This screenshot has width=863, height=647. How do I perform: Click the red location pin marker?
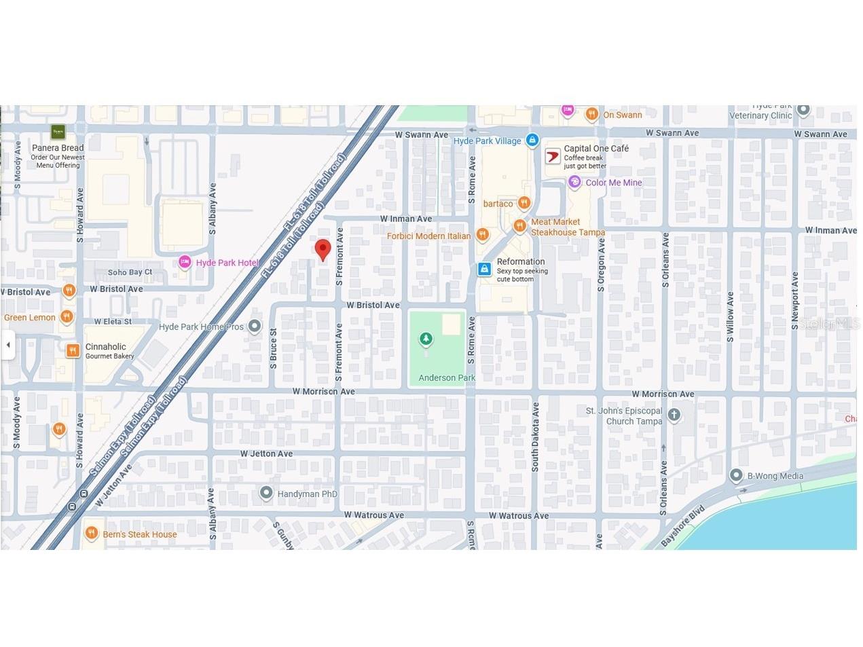323,249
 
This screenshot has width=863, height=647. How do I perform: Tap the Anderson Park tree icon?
426,338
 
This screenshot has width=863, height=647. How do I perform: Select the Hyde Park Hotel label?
227,263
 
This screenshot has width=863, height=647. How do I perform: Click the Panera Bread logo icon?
58,132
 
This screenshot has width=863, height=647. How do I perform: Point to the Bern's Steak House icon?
91,534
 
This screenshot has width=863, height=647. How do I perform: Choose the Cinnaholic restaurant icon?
73,350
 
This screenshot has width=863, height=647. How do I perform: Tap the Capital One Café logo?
553,157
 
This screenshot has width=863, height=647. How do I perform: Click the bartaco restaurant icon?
524,203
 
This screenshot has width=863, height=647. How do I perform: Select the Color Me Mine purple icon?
574,182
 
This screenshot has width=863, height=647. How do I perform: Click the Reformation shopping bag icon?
484,270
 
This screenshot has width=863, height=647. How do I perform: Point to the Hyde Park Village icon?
532,141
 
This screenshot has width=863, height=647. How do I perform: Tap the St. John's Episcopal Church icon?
674,415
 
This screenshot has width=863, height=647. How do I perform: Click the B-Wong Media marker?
736,475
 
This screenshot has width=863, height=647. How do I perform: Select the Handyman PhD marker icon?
266,493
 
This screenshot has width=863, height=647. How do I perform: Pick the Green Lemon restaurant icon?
66,316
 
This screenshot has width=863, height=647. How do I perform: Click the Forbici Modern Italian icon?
482,235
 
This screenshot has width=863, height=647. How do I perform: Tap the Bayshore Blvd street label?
683,527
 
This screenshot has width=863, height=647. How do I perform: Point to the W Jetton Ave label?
266,454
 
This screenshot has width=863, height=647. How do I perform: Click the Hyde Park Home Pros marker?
255,327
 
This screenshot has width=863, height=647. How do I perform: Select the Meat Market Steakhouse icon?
519,225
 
